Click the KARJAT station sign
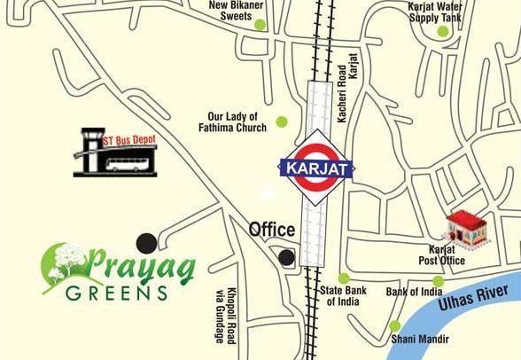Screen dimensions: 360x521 316,166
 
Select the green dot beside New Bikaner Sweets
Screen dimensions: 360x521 260,25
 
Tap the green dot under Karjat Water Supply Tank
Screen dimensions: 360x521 443,32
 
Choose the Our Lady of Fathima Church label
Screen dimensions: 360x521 232,121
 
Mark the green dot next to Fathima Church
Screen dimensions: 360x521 282,121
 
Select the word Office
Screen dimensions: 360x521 271,230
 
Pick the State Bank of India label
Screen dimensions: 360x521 342,296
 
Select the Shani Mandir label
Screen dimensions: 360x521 419,340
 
